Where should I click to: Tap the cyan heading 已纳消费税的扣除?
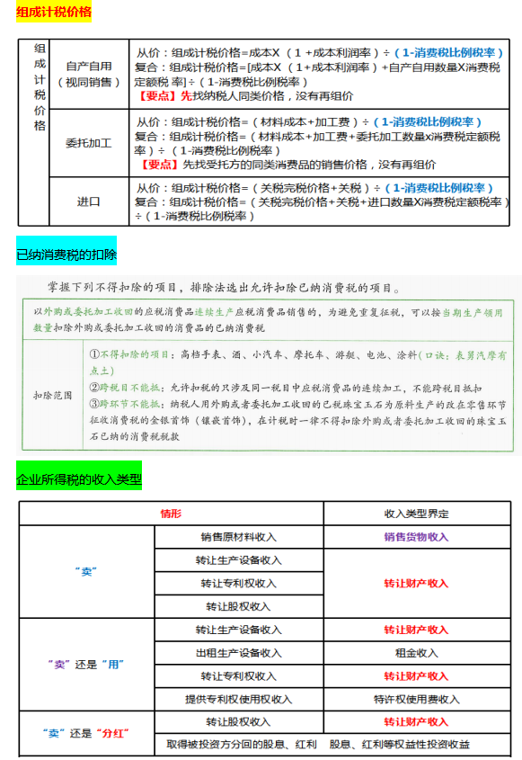(66, 255)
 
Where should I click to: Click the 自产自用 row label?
(89, 67)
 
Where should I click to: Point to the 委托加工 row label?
(89, 143)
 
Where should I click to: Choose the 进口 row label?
(89, 201)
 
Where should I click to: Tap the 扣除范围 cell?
(52, 395)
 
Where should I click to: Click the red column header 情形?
(171, 514)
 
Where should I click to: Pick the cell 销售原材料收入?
(238, 537)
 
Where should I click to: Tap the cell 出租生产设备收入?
(238, 653)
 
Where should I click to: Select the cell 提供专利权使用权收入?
(238, 699)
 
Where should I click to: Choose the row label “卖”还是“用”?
(85, 665)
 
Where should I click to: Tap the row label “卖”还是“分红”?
(85, 733)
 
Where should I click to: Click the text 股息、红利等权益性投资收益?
(399, 745)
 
